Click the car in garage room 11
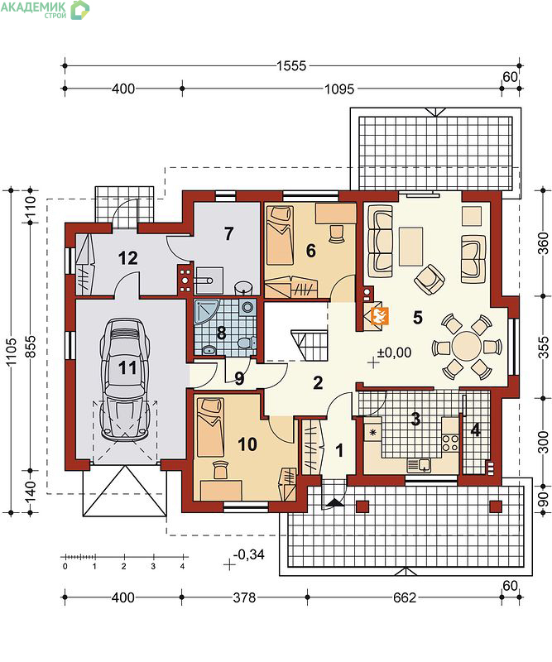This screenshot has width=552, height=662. point(124,380)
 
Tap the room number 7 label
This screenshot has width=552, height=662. point(228,233)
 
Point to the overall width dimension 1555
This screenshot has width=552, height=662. point(291,66)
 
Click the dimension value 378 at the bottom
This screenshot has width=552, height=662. point(244,597)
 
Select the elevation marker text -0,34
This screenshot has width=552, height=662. point(249,554)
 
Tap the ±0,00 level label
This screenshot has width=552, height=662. point(394,353)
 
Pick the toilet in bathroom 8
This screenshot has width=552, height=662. point(247,343)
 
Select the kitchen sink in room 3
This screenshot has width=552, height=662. point(419,465)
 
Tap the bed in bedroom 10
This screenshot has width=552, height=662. point(210,427)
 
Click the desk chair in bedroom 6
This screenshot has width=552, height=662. point(336,234)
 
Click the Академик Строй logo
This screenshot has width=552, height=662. point(45,10)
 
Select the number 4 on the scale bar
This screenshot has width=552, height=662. point(182,567)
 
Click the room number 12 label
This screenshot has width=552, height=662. point(127,258)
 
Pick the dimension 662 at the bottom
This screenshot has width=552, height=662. point(405,597)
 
